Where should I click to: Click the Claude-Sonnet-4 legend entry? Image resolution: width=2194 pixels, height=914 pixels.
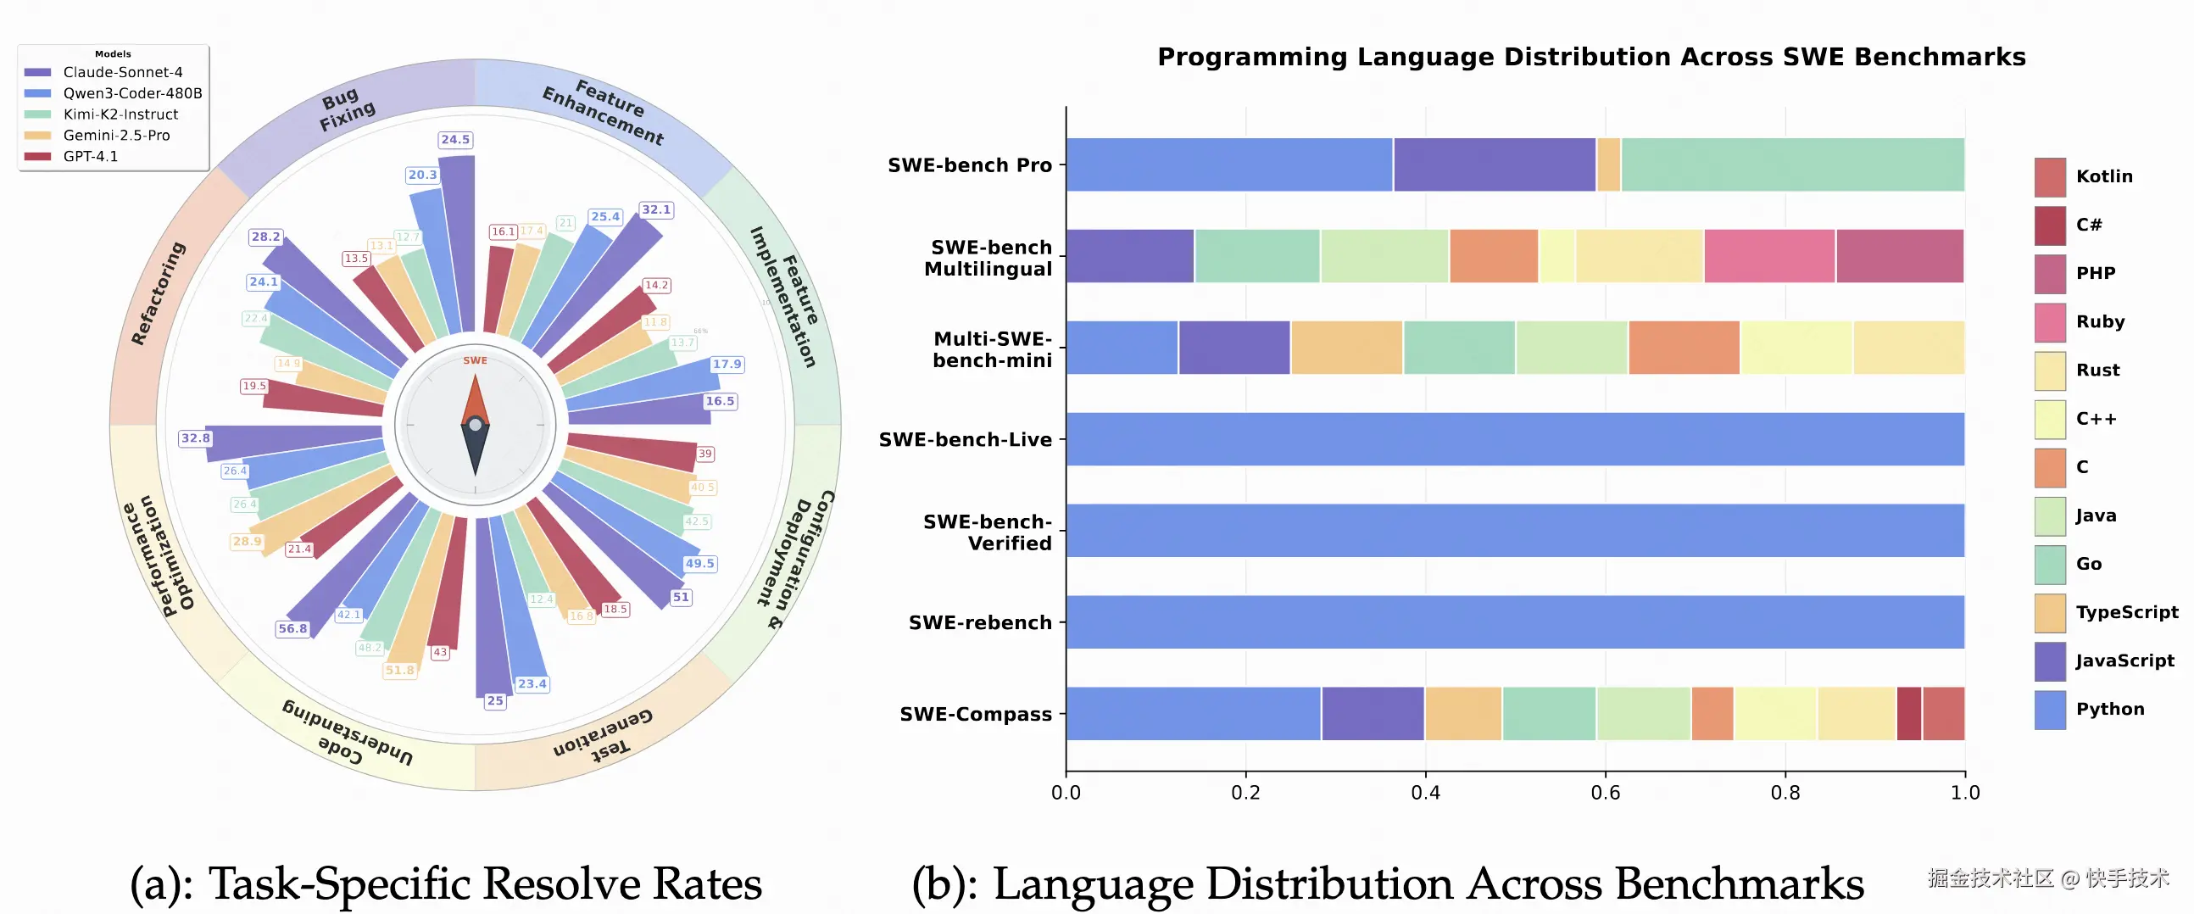122,72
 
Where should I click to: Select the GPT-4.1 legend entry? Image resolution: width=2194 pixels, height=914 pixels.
90,157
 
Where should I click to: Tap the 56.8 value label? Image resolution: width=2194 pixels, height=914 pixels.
292,628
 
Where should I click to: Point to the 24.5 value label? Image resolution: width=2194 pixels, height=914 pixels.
454,140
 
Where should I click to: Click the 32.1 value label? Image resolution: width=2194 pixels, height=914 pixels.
656,209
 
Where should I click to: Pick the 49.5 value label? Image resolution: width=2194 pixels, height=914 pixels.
699,564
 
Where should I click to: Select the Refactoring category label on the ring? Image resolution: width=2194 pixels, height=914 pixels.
159,293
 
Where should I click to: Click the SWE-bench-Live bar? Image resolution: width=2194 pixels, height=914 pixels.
1514,439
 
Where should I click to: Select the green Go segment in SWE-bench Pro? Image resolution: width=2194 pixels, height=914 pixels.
1792,165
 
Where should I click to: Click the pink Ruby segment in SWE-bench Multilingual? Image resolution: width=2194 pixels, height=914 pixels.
1769,256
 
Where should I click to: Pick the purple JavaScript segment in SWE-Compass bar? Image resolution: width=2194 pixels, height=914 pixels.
1373,714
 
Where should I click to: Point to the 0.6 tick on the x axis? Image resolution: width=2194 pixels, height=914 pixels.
1606,793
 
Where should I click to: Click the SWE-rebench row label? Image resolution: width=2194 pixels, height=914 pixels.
979,622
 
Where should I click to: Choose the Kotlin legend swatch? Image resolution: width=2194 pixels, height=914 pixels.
2049,177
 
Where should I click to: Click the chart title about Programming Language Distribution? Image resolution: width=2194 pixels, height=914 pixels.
1591,57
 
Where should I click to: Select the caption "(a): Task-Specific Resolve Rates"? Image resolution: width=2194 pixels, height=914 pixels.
445,883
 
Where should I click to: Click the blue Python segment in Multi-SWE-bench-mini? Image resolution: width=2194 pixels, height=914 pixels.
1122,348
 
